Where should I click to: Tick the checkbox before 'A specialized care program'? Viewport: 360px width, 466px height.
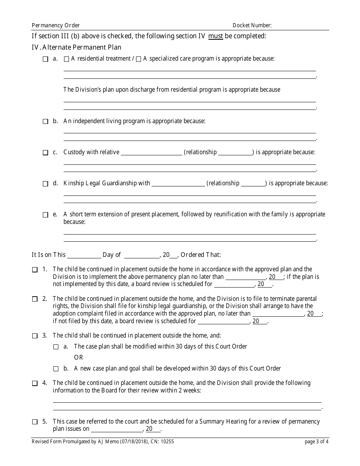[138, 59]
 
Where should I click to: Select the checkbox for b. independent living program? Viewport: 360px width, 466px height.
[45, 122]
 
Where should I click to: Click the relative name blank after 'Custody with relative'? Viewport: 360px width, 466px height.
[151, 153]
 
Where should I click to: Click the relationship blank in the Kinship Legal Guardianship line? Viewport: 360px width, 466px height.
[254, 184]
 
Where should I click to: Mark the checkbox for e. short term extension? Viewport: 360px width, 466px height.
[45, 215]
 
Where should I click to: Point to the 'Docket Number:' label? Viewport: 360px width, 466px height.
[252, 25]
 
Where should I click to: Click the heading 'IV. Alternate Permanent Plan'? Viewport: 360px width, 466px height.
[77, 48]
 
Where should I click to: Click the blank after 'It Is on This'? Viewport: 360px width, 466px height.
[84, 255]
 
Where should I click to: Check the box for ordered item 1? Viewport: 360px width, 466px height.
[35, 270]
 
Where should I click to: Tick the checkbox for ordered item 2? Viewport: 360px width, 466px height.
[35, 299]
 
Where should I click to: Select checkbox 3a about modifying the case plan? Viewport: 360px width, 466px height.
[56, 347]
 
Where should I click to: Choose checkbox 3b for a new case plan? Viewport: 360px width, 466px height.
[56, 369]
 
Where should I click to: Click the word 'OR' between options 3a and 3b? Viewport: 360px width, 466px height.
[78, 358]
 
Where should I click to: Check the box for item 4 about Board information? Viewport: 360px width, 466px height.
[35, 383]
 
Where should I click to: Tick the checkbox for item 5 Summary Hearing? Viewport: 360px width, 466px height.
[35, 422]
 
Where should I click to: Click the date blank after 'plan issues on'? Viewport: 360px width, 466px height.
[116, 430]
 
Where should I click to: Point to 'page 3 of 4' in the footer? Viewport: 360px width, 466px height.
[316, 441]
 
